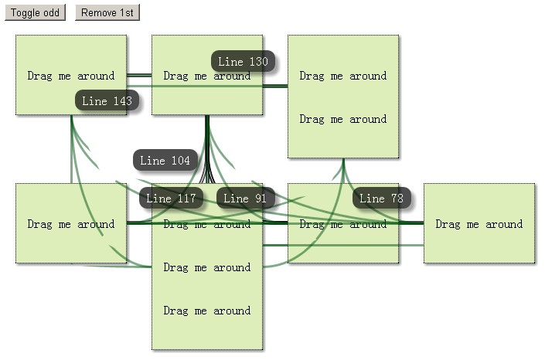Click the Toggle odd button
[x=35, y=12]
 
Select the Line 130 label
[x=243, y=62]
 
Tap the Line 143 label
[x=107, y=100]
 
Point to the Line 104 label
[x=165, y=161]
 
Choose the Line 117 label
[x=171, y=199]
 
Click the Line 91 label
[x=245, y=199]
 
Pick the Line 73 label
[x=382, y=199]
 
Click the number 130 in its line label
[x=258, y=62]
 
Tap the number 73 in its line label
[x=397, y=199]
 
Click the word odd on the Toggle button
[x=51, y=12]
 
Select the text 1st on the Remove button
[x=124, y=12]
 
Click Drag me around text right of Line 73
[x=479, y=224]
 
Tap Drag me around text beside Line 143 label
[x=70, y=76]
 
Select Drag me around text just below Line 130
[x=206, y=76]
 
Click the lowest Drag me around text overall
[x=206, y=311]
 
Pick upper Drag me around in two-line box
[x=342, y=76]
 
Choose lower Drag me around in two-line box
[x=342, y=119]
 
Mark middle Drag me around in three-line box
[x=206, y=267]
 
